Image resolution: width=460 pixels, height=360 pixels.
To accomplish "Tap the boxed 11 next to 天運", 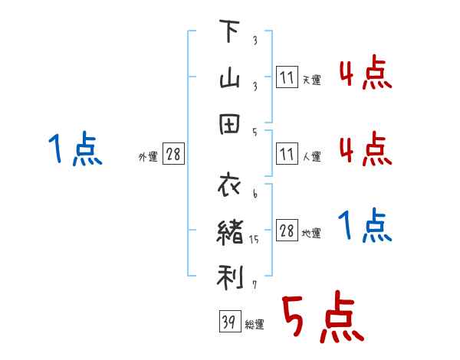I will coord(287,78).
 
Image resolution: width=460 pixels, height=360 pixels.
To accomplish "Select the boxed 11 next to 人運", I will coord(287,155).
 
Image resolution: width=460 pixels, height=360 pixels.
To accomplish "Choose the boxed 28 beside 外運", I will coord(173,155).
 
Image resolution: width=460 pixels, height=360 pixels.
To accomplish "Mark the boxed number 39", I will coord(228,322).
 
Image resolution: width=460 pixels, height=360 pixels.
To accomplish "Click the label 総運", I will coord(255,325).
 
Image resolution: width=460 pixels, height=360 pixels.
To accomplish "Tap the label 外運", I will coord(148,157).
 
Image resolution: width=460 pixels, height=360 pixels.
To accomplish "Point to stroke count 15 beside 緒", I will coord(255,240).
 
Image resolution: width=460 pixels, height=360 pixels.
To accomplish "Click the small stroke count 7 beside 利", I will coord(254,286).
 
